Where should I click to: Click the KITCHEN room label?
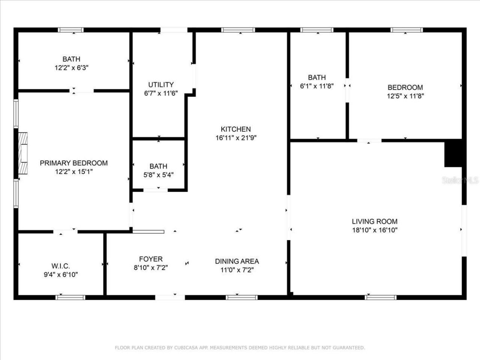tap(235, 129)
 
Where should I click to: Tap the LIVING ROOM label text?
tap(374, 222)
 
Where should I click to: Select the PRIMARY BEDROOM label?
tap(73, 163)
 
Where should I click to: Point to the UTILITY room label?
tap(160, 85)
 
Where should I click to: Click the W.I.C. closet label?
tap(61, 266)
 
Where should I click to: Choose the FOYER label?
tap(151, 259)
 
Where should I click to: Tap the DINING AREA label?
tap(237, 261)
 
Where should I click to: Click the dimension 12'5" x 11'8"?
tap(405, 96)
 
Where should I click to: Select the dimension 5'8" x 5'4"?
tap(158, 175)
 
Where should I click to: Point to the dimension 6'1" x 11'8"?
tap(317, 86)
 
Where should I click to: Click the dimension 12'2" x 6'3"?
tap(71, 68)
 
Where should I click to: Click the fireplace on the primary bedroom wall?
tap(23, 153)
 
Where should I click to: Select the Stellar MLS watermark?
tap(460, 180)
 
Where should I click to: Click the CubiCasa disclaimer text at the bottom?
tap(240, 348)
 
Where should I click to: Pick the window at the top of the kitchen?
tap(238, 30)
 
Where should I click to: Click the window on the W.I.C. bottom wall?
tap(70, 297)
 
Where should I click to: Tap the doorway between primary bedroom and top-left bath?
tap(83, 90)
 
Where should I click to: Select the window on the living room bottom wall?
tap(381, 297)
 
